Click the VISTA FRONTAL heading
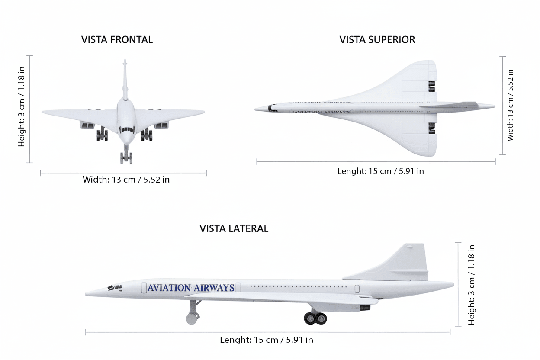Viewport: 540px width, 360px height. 117,40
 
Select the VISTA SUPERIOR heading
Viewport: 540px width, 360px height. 377,40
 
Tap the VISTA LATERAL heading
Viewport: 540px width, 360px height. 234,228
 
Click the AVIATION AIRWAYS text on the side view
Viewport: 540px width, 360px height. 191,288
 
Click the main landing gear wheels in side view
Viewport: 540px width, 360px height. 315,318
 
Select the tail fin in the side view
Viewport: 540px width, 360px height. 407,262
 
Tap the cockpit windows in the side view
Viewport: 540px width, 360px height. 115,287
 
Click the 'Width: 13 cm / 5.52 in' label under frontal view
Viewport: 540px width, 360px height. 126,180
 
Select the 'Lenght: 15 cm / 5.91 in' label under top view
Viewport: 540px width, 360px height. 380,171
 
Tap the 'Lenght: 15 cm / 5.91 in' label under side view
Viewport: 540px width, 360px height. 266,340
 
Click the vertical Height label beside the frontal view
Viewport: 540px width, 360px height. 22,109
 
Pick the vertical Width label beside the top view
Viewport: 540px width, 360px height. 511,105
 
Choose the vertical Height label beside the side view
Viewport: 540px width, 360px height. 472,285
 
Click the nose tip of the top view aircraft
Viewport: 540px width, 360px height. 256,109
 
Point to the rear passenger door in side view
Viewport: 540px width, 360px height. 357,289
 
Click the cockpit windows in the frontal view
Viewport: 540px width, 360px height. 127,129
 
